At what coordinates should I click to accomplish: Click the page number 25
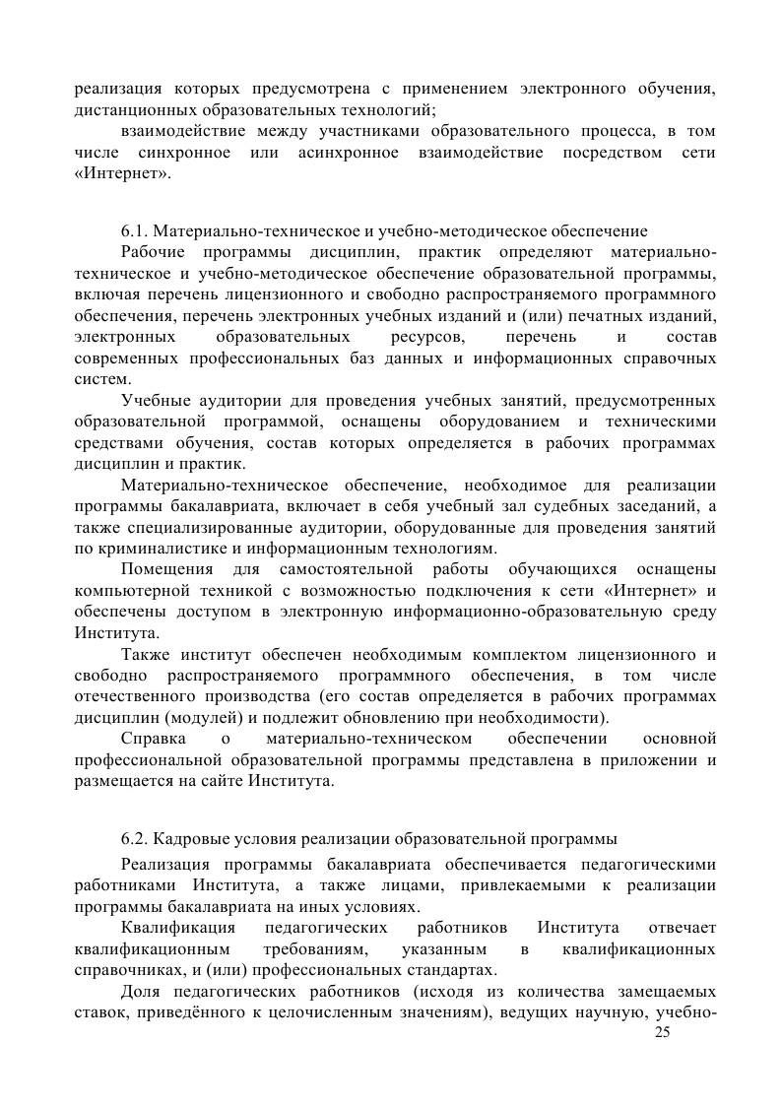pos(661,1031)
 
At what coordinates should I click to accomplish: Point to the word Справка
pos(149,738)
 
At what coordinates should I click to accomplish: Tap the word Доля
pos(140,991)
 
